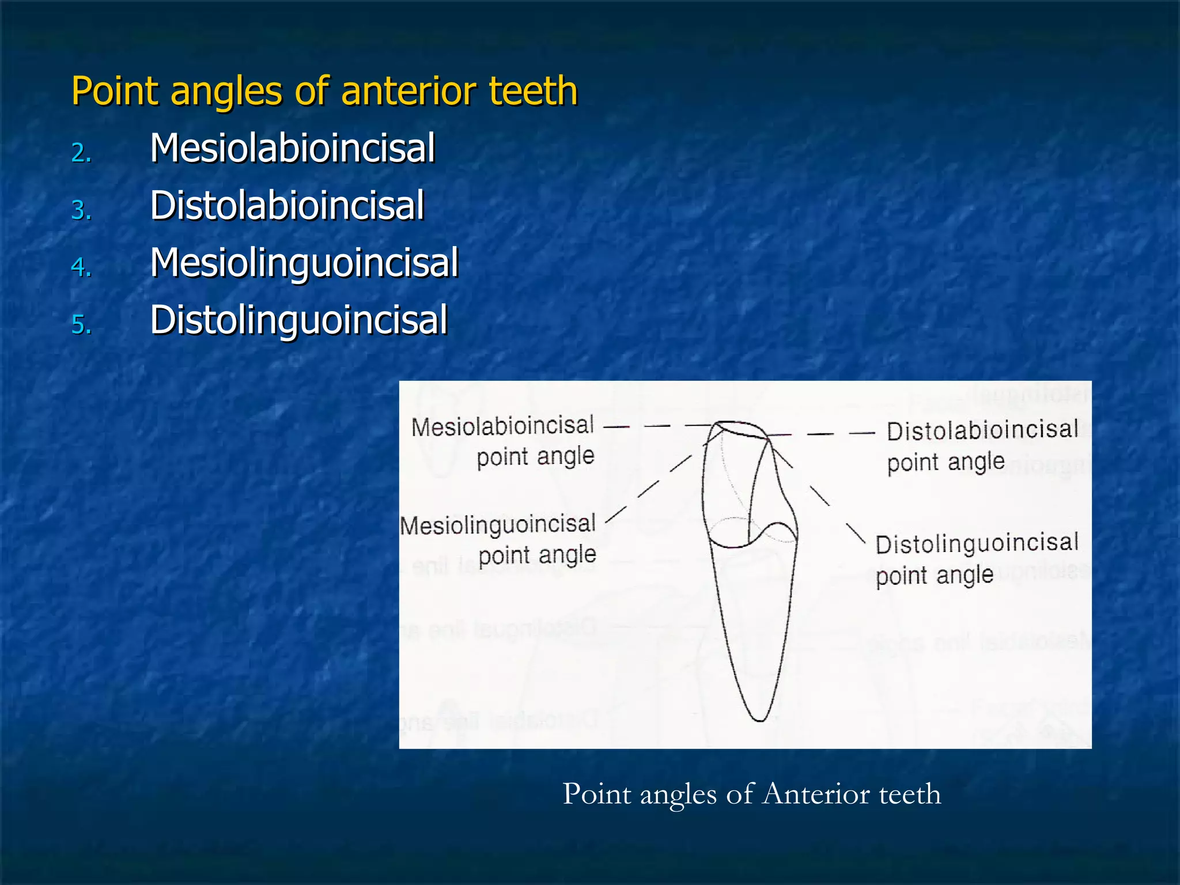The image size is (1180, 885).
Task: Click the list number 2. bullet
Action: pos(81,153)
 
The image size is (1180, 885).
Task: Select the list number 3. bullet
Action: pos(81,210)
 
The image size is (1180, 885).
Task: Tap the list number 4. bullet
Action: pos(81,267)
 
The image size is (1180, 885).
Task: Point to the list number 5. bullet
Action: pos(81,324)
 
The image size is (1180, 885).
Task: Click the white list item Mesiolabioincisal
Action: pos(292,148)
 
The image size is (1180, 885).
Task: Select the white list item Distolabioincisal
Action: pos(287,206)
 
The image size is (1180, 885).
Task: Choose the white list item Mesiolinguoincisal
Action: pos(304,263)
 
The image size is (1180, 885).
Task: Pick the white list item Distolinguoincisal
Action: pos(298,320)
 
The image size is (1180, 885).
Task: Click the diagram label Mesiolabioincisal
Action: pos(502,426)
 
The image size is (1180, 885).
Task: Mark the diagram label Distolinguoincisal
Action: pos(977,543)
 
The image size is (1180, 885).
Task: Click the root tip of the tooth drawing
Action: pos(759,718)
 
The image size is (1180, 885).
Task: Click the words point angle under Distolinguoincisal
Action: pos(935,576)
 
